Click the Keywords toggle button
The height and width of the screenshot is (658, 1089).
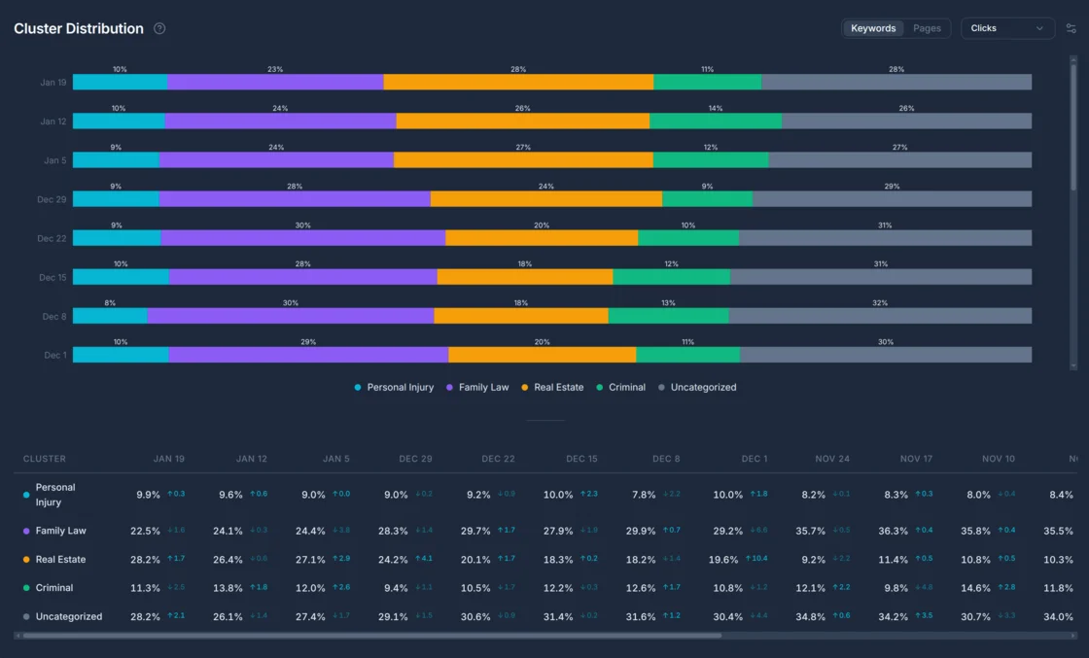tap(872, 28)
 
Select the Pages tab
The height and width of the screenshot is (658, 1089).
tap(927, 28)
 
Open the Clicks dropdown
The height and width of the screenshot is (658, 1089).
tap(1007, 28)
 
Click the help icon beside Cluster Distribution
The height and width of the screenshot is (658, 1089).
tap(159, 28)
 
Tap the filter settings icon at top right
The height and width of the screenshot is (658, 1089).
tap(1071, 28)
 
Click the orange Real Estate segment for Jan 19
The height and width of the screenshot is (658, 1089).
tap(518, 83)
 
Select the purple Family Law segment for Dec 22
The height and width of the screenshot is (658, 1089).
tap(302, 238)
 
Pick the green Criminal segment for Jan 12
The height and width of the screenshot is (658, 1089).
tap(715, 121)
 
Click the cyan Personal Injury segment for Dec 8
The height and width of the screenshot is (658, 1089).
tap(110, 316)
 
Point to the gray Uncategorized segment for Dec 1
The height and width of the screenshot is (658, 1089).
tap(885, 355)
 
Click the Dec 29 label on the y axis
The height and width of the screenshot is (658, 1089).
tap(53, 199)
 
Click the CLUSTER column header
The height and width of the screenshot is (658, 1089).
tap(45, 459)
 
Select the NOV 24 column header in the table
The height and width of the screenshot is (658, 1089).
tap(831, 459)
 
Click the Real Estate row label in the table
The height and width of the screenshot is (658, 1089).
tap(60, 560)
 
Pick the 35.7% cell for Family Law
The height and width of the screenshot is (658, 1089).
tap(809, 531)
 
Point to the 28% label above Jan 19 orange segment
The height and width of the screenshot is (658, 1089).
tap(518, 69)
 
